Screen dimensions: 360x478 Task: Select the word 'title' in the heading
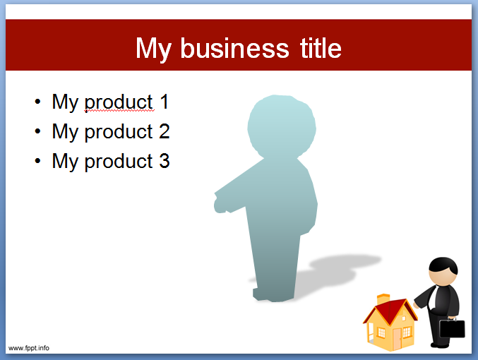318,48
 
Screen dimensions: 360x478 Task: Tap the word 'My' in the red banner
153,48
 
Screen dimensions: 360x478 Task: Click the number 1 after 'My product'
164,102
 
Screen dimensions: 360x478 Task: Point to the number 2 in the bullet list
164,131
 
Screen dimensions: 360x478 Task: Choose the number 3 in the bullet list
164,161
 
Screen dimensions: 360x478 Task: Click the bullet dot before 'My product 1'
37,102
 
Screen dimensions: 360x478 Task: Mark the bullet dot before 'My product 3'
37,162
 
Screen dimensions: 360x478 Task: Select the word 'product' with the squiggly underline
118,102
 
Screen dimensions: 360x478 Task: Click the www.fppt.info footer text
29,347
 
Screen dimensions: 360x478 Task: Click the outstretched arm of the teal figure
229,197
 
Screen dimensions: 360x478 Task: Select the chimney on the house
383,300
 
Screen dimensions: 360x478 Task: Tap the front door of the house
398,337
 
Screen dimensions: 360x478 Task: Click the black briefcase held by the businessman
453,329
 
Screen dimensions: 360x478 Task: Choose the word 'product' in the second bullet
118,132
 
